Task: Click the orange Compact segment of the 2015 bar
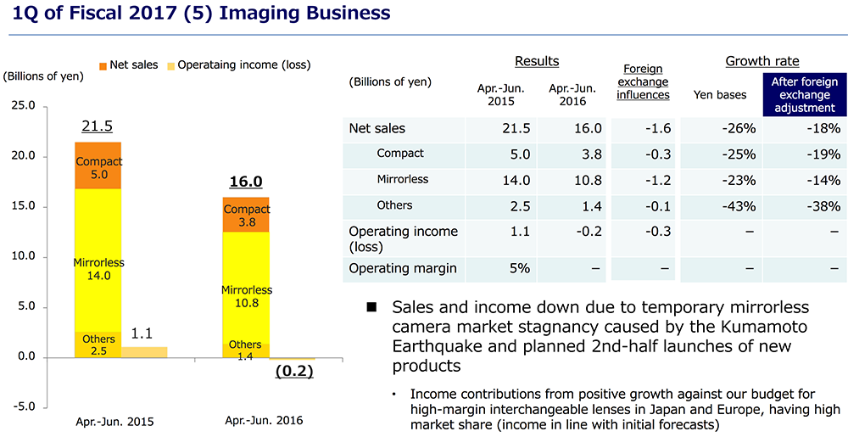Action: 98,166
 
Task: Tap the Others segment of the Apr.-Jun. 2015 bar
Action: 98,345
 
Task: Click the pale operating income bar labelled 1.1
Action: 145,351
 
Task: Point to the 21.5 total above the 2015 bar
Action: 97,126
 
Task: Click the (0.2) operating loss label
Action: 294,371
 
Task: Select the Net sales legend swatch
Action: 103,65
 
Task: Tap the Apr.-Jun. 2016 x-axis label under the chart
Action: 264,420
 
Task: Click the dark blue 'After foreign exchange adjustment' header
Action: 804,95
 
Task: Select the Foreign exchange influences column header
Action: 642,82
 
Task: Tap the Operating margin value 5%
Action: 519,269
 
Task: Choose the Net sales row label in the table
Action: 377,129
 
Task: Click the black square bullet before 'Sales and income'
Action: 371,307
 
